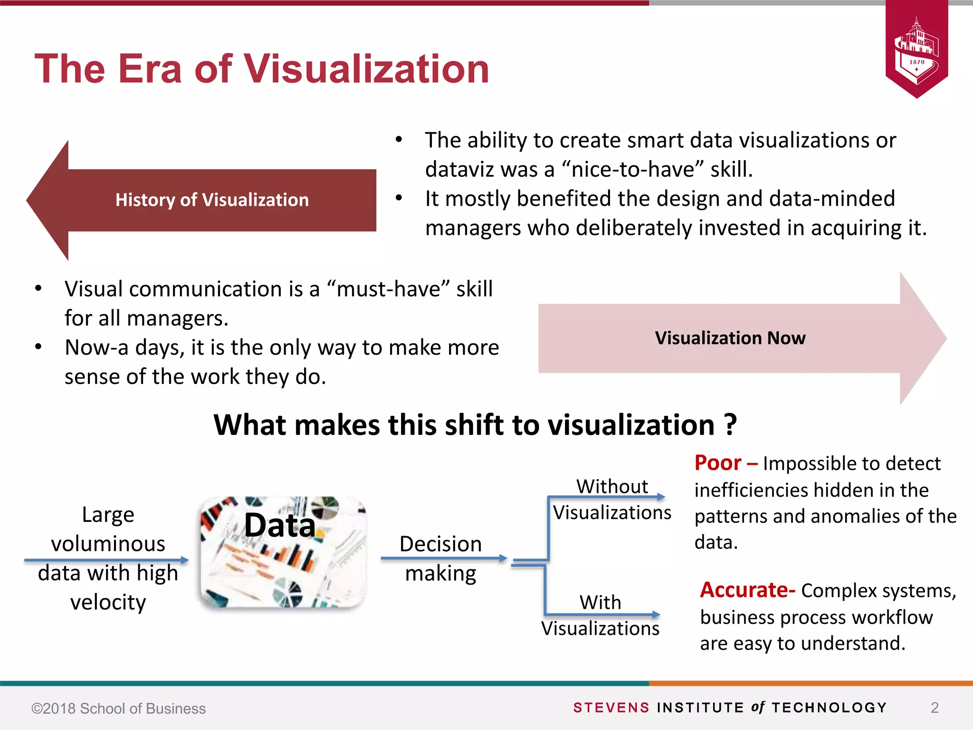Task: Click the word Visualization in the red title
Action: click(366, 69)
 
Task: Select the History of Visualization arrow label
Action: click(212, 200)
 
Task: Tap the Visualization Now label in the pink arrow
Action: click(730, 338)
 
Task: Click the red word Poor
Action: click(717, 463)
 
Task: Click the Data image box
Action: click(283, 553)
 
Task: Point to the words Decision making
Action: click(440, 558)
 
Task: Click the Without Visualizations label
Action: click(612, 499)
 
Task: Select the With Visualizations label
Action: click(600, 615)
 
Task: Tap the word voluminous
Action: click(108, 544)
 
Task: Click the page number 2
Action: click(935, 708)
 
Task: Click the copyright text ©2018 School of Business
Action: click(118, 709)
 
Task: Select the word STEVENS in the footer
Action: click(611, 708)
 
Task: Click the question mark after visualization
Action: click(731, 424)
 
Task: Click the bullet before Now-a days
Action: click(38, 347)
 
